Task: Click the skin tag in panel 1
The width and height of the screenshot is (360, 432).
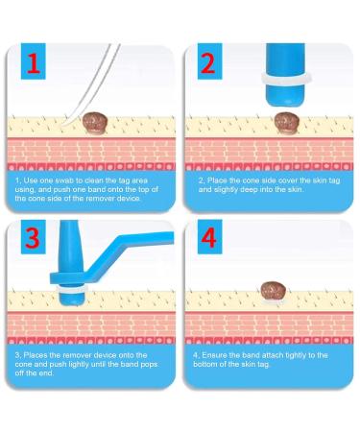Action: tap(93, 121)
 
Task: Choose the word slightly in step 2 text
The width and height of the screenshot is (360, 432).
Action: tap(223, 190)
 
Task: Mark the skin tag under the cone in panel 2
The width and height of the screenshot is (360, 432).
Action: tap(286, 121)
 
